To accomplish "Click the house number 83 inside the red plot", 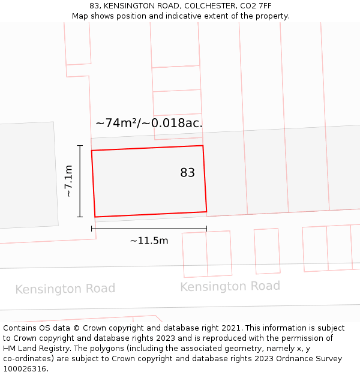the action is [x=187, y=173].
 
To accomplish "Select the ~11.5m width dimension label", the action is [x=149, y=241].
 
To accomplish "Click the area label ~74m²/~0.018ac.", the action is [x=149, y=123].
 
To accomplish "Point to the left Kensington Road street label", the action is [x=65, y=289].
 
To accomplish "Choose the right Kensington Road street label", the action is [x=230, y=286].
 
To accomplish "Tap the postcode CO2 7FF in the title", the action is [x=257, y=6].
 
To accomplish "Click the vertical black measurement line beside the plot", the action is [x=80, y=181].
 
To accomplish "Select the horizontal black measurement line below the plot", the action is [x=149, y=228].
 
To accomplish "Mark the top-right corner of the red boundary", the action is [x=203, y=146].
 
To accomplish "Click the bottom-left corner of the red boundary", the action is [x=95, y=217].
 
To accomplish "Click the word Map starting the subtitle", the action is [x=80, y=16].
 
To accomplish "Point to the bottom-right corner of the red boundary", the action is [x=206, y=211].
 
